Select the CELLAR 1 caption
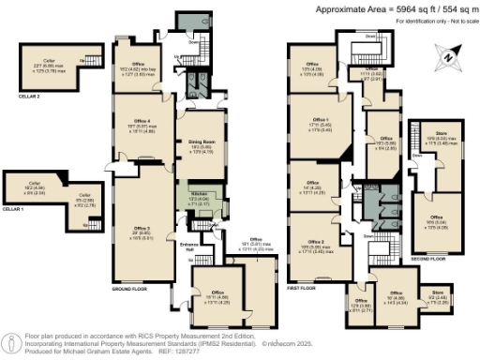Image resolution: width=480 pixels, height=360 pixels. pos(12,209)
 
